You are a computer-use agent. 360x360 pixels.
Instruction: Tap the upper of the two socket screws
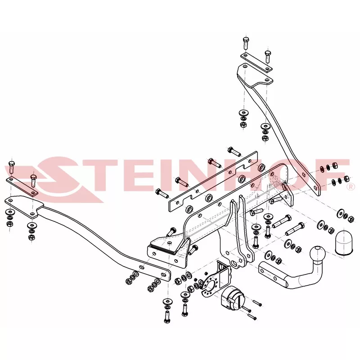(256, 304)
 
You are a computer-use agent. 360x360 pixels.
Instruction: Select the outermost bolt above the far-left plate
(12, 167)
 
